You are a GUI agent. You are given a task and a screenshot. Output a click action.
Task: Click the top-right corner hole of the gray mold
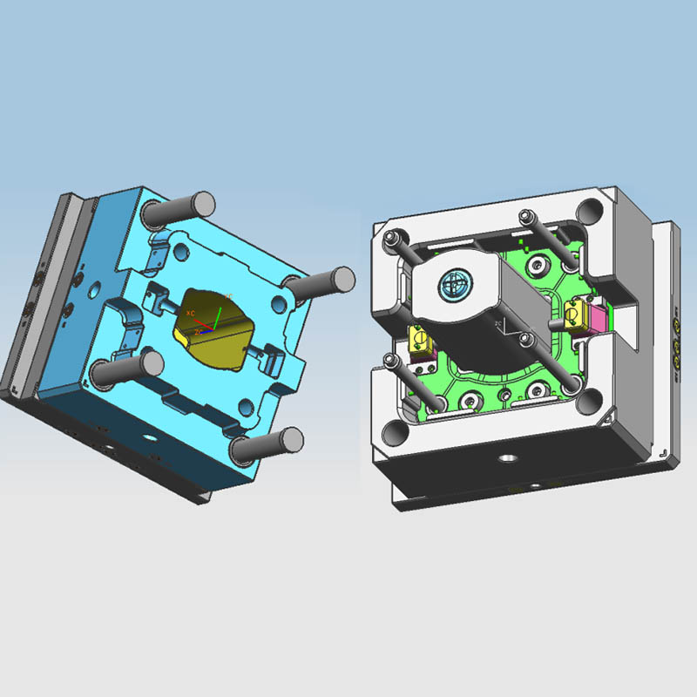coord(591,212)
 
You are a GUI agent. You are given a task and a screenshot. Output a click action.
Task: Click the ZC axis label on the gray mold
coord(497,321)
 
